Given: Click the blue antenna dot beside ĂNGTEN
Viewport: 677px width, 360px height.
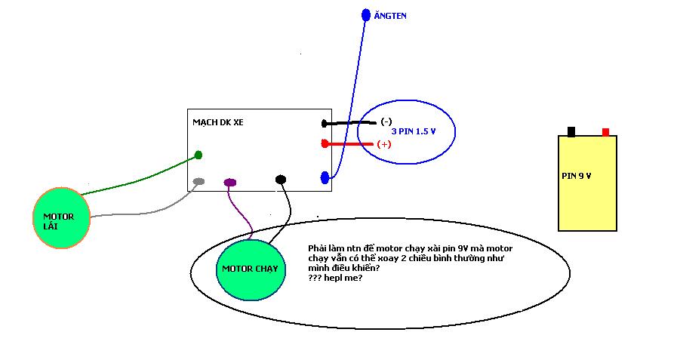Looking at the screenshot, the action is (366, 15).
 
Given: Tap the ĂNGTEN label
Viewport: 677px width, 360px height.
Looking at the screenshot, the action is (390, 16).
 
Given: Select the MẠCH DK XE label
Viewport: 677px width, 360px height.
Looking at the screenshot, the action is (218, 122).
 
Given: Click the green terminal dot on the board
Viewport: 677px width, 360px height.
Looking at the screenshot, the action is (198, 155).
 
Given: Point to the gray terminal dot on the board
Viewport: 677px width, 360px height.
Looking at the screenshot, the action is (198, 181).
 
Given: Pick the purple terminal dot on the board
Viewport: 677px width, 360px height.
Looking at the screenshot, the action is (230, 182).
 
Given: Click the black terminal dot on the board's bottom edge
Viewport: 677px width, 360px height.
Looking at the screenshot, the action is (281, 179).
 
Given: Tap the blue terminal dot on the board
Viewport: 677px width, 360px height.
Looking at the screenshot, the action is (325, 177).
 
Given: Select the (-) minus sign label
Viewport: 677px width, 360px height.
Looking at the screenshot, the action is (386, 122).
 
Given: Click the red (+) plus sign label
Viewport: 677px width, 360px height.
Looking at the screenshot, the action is (384, 144).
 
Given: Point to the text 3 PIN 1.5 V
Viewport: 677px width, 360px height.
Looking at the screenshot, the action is (413, 131).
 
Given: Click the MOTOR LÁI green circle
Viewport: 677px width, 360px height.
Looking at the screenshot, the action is (61, 218).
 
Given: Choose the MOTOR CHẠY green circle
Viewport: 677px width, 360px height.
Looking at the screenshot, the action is (251, 269).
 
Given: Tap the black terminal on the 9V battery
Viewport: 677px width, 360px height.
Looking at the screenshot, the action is (571, 131).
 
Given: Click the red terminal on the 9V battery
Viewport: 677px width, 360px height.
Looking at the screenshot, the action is (605, 132).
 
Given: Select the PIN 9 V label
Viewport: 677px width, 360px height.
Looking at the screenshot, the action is (577, 176).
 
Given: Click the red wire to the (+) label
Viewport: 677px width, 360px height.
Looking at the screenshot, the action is (348, 143).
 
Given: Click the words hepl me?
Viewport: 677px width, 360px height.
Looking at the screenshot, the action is (343, 278).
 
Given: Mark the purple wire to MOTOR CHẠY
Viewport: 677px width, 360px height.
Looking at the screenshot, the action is (240, 211).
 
